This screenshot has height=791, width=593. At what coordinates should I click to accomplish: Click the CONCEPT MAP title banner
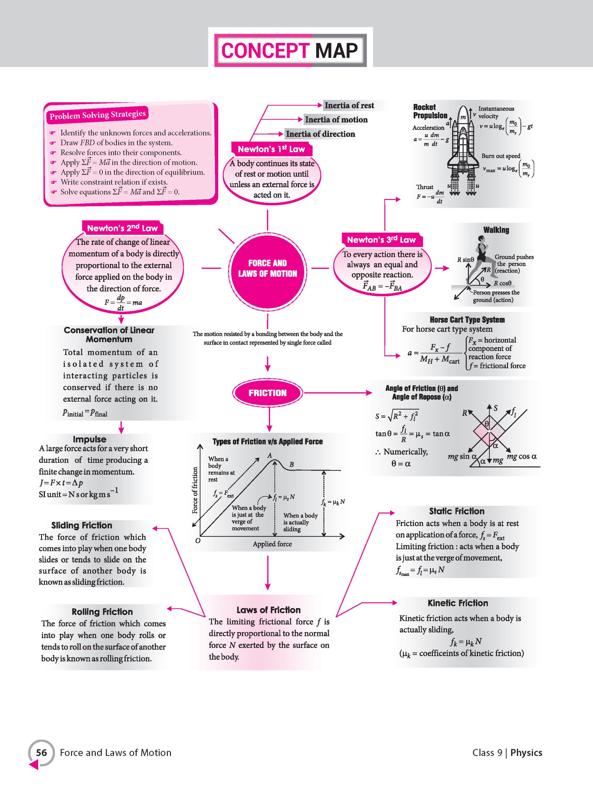tap(290, 50)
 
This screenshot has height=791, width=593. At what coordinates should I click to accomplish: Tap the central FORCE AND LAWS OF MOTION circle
tap(268, 269)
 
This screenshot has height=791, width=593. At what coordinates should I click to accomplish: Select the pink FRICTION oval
tap(268, 393)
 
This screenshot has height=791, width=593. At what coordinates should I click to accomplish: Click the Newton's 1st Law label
tap(271, 149)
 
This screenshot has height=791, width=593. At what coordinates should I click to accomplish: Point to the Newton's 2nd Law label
tap(122, 228)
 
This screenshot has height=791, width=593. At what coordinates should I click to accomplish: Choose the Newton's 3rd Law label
tap(381, 239)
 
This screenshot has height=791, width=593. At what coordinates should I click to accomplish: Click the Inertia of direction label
tap(320, 134)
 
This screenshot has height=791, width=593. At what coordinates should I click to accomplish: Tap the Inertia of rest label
tap(349, 105)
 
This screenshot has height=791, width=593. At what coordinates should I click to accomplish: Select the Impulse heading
tap(89, 439)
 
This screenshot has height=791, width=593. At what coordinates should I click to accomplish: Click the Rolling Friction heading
tap(102, 611)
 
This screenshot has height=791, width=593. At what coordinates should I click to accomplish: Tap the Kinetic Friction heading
tap(458, 603)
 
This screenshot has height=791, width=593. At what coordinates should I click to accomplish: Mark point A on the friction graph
tap(270, 455)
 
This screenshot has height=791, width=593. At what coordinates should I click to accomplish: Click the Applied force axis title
tap(272, 544)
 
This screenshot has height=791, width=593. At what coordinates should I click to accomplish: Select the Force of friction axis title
tap(195, 490)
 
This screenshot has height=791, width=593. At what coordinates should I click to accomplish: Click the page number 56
tap(41, 753)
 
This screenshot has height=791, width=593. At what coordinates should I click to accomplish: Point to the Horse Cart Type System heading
tap(467, 320)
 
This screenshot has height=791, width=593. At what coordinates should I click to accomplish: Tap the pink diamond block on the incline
tap(490, 432)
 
